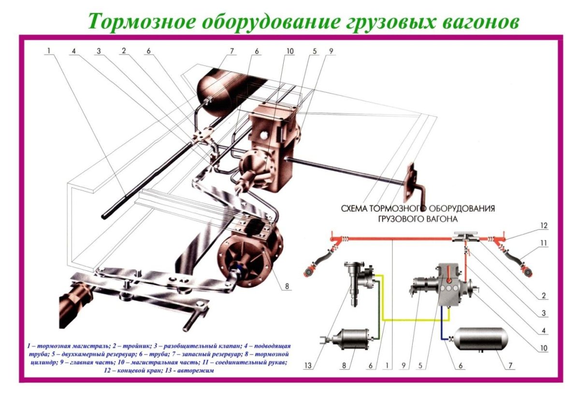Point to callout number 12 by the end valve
(x=544, y=226)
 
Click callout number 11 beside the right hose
(x=544, y=244)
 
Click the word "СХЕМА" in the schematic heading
(x=354, y=209)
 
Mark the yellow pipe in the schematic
(x=411, y=319)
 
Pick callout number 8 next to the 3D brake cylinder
(x=287, y=286)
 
